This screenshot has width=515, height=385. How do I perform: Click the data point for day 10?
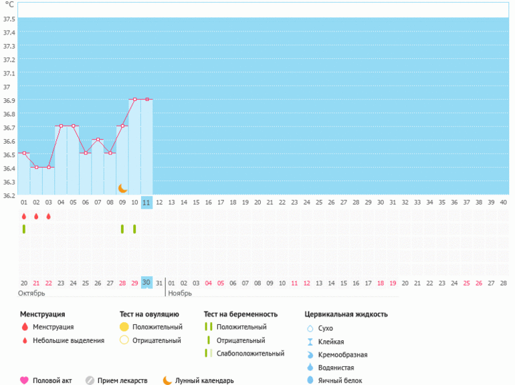134,99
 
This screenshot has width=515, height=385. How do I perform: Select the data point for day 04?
61,126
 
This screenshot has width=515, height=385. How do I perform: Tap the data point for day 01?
24,153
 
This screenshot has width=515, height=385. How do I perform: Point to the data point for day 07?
98,139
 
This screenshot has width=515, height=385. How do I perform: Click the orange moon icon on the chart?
122,188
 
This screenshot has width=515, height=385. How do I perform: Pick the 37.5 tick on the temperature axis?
9,19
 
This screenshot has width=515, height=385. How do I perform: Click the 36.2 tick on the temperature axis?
9,196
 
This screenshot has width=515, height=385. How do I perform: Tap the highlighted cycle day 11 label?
146,202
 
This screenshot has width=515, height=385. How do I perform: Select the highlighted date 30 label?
146,283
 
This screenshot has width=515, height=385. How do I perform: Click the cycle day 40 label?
503,202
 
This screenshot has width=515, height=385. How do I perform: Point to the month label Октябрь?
32,293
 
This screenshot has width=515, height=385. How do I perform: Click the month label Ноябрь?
180,293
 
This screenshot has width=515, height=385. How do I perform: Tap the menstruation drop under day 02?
36,217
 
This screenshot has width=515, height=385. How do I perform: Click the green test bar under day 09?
122,229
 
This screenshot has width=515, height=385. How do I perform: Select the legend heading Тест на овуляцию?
148,314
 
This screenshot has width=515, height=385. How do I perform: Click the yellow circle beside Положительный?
124,327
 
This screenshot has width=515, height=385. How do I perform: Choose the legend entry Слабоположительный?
250,354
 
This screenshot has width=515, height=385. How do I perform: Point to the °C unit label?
9,4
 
